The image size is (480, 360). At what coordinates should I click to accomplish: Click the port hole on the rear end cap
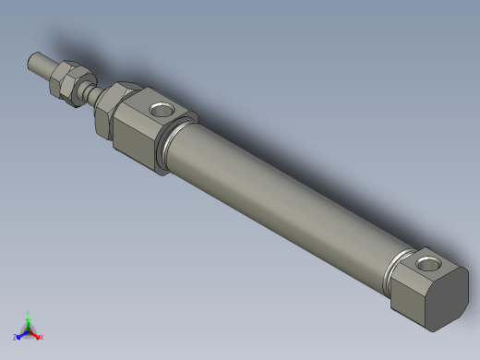[429, 267]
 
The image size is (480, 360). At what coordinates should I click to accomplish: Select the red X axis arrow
[35, 334]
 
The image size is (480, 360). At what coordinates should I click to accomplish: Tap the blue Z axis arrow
[20, 334]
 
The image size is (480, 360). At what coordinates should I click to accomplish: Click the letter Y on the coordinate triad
[28, 313]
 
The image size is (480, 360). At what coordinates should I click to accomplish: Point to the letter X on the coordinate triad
[42, 337]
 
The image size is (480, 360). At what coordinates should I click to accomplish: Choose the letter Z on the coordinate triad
[15, 338]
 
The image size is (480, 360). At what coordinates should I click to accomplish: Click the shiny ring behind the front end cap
[170, 148]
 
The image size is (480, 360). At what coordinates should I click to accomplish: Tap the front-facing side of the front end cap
[138, 144]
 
